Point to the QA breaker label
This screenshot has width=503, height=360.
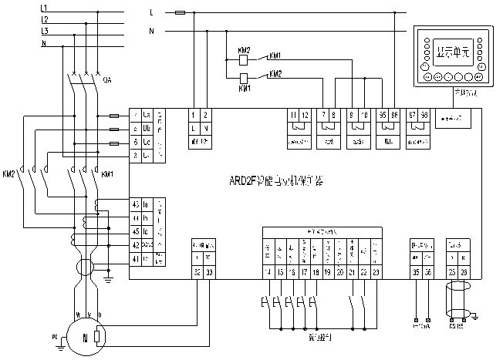(107, 79)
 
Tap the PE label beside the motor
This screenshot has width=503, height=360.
(54, 336)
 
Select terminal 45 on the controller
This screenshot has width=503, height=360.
(135, 204)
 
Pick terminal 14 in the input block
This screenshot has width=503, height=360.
(268, 271)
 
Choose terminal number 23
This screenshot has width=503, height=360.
(375, 271)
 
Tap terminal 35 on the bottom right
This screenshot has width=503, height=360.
(416, 271)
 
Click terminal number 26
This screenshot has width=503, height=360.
(464, 271)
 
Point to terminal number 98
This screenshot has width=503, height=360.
(425, 114)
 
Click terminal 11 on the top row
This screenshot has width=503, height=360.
(293, 114)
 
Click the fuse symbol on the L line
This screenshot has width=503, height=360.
(180, 13)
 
